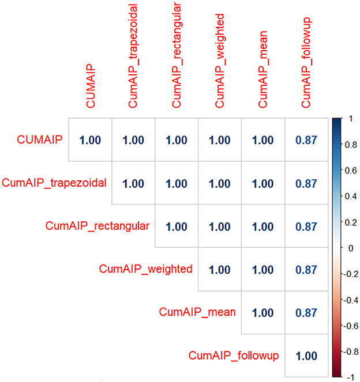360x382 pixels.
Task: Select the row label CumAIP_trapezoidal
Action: click(54, 183)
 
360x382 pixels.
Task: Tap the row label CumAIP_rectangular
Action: click(97, 226)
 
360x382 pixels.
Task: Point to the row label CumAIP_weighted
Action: click(146, 269)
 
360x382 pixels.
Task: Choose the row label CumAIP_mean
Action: click(197, 312)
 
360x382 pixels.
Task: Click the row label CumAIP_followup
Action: click(234, 355)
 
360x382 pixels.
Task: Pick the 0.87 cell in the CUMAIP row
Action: click(306, 140)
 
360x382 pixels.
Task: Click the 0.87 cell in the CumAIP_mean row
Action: click(306, 312)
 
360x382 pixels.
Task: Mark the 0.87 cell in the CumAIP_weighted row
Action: click(306, 269)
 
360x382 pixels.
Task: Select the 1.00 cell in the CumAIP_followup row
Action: click(306, 355)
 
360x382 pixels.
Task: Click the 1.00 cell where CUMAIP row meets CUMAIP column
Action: click(91, 140)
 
